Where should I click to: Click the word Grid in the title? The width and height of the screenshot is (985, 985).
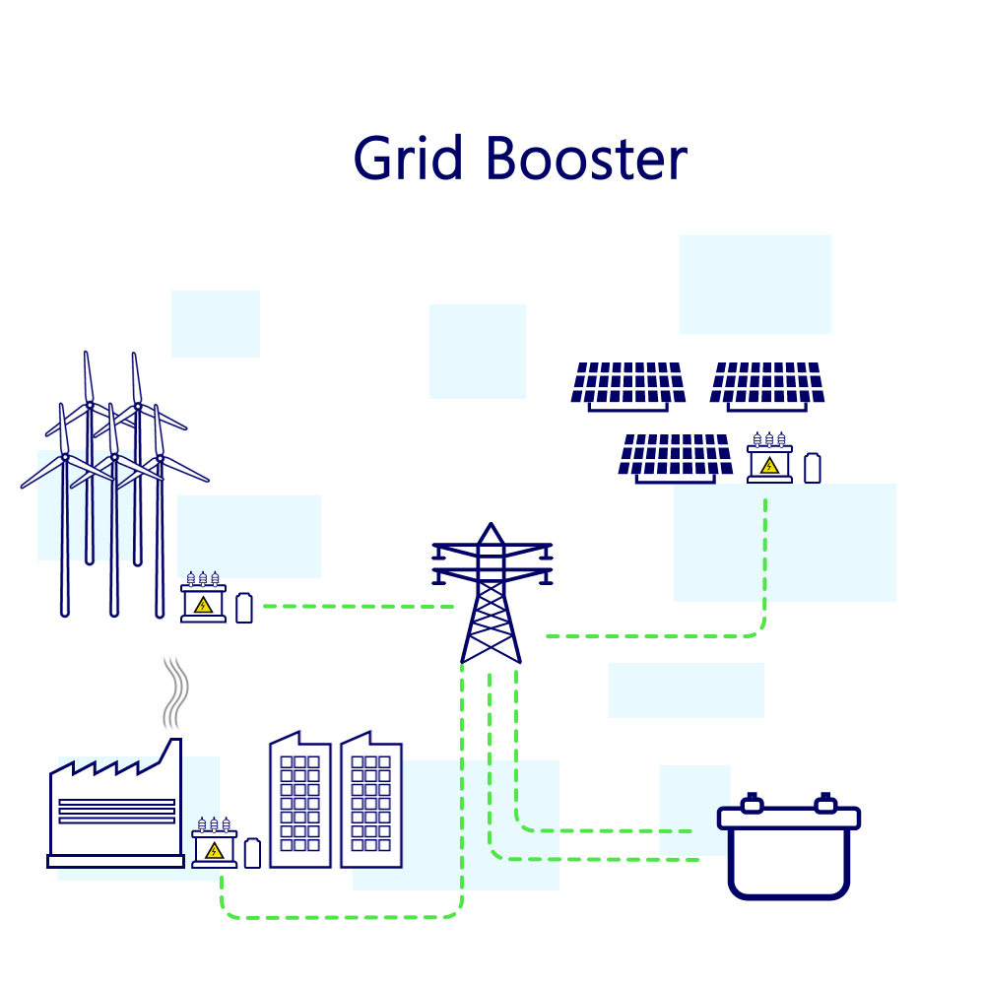(408, 158)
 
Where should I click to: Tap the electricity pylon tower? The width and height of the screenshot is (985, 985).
(492, 596)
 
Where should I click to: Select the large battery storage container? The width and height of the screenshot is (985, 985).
(788, 853)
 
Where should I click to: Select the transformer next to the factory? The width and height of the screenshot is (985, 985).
(214, 844)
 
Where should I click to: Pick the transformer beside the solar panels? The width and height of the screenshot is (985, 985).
(769, 459)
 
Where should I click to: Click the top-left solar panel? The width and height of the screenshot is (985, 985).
(628, 384)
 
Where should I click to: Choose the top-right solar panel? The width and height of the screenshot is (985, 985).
(766, 384)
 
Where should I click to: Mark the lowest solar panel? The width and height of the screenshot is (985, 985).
(675, 457)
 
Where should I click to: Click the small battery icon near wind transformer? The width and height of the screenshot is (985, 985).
(244, 608)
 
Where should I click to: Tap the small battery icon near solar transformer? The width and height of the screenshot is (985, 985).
(812, 467)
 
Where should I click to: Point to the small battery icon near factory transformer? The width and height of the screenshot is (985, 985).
(253, 852)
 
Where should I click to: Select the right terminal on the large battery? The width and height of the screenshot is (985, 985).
(824, 804)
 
